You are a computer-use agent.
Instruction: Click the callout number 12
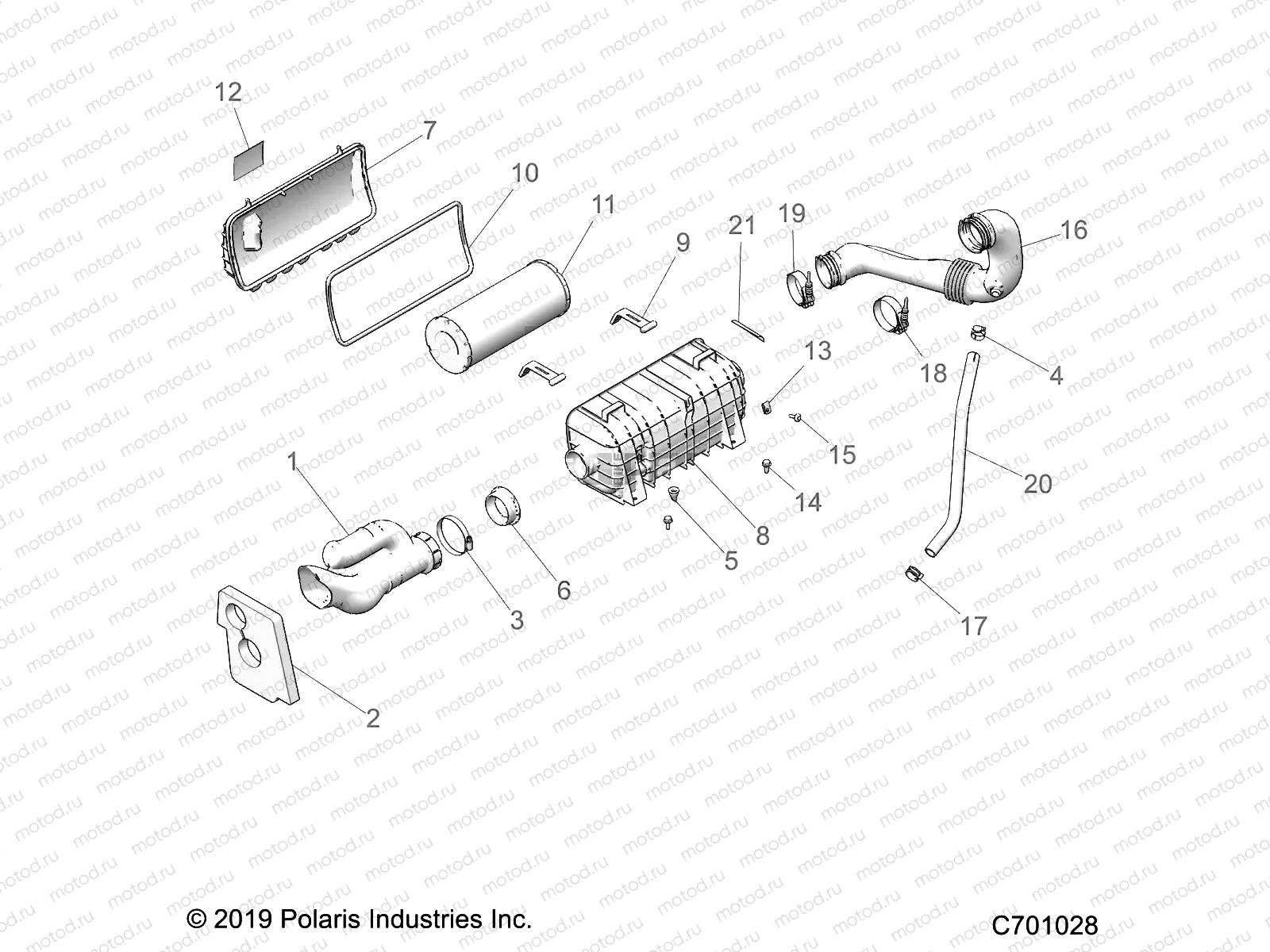[x=228, y=93]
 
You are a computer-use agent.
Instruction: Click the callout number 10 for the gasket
[x=525, y=173]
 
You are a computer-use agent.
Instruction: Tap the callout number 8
[x=762, y=536]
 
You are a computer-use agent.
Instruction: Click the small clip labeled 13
[x=767, y=408]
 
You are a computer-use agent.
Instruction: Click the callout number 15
[x=842, y=455]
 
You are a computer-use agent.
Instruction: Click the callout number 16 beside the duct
[x=1073, y=230]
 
